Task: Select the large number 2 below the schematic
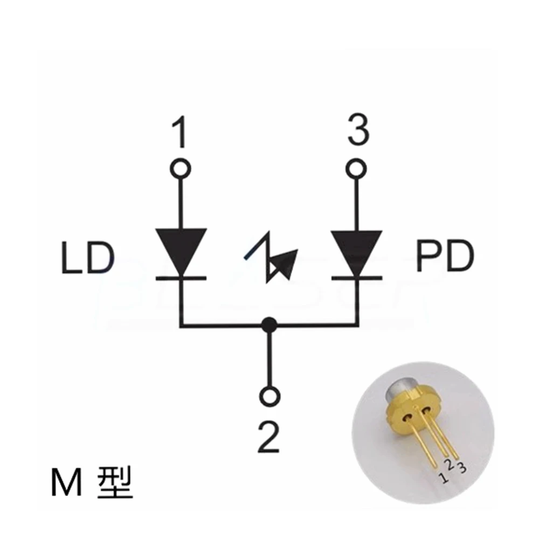(x=268, y=437)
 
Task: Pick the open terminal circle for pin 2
(x=268, y=396)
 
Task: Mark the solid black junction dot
(x=268, y=325)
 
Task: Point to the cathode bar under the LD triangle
(x=181, y=278)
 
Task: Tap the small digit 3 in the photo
(x=461, y=467)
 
